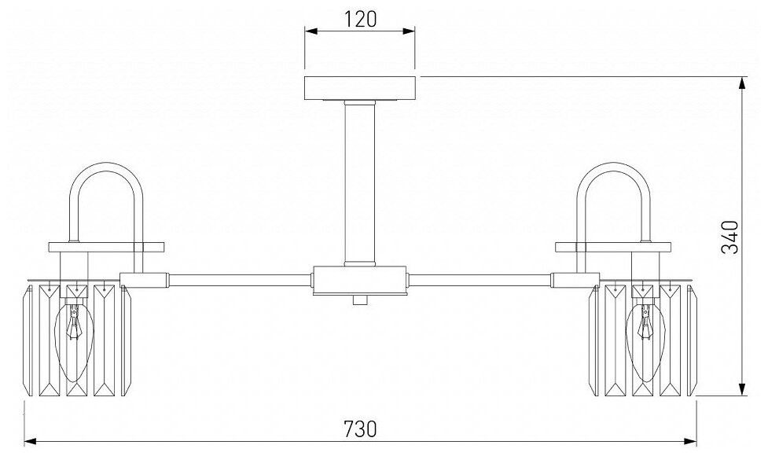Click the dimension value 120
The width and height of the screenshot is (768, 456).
(x=361, y=19)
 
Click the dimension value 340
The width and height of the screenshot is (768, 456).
(x=731, y=236)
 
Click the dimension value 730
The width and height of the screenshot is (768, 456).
(x=361, y=428)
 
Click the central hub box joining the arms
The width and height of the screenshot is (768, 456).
(x=361, y=280)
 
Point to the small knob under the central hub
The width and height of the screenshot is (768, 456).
(x=361, y=300)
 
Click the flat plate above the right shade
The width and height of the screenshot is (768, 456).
(x=613, y=247)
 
